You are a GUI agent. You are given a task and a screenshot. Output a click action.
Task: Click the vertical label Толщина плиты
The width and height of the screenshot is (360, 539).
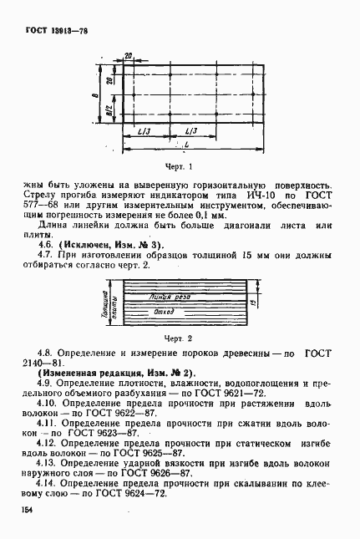[x=110, y=306]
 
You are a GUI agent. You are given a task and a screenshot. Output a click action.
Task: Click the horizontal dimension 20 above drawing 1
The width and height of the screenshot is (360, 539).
[x=128, y=56]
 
